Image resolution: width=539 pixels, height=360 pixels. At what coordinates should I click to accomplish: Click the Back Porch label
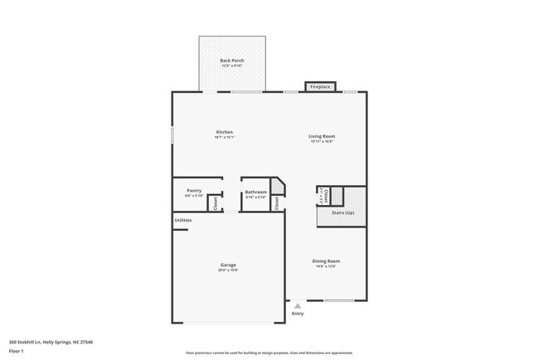[x=231, y=61]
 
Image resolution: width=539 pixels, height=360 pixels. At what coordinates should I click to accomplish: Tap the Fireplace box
[x=320, y=86]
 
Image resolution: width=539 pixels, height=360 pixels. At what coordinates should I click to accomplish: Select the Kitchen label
[x=224, y=132]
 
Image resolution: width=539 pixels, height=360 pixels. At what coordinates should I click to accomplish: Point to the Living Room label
[x=323, y=136]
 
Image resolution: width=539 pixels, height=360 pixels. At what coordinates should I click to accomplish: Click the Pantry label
[x=194, y=191]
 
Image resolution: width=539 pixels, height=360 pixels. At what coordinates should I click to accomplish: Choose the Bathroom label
[x=255, y=192]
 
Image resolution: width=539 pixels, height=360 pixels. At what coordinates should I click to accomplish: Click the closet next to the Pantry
[x=216, y=201]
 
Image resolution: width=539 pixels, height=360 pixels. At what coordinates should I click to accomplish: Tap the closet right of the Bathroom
[x=277, y=202]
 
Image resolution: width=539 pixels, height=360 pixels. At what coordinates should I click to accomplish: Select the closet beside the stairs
[x=326, y=196]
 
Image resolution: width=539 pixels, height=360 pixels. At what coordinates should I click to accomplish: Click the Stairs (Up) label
[x=342, y=213]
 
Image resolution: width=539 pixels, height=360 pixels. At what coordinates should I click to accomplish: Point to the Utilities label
[x=183, y=220]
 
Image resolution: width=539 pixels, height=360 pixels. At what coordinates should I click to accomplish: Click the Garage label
[x=228, y=265]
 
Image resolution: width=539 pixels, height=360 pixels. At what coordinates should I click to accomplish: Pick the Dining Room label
[x=326, y=260]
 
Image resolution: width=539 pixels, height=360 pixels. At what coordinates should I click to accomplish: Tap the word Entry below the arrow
[x=298, y=314]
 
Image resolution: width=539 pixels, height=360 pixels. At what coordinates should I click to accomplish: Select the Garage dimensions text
[x=228, y=270]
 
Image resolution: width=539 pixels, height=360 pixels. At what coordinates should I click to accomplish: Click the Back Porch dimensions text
[x=231, y=66]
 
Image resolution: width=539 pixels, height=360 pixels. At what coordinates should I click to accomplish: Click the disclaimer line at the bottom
[x=269, y=353]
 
